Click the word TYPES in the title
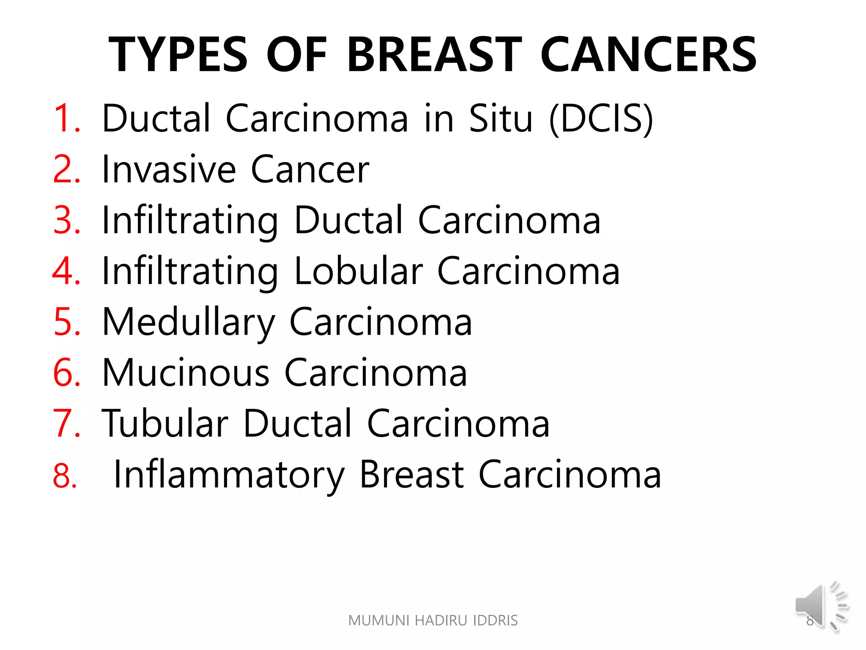pyautogui.click(x=178, y=55)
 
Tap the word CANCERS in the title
pyautogui.click(x=649, y=55)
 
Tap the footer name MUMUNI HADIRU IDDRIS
pyautogui.click(x=433, y=620)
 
